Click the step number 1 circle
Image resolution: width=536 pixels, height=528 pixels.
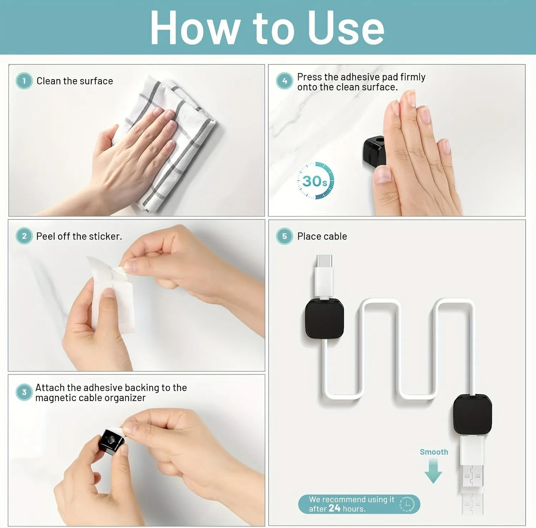[24, 81]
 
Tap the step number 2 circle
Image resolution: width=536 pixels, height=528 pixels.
[24, 236]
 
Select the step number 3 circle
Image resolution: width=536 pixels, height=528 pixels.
[24, 392]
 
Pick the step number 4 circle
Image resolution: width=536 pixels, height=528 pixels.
[285, 81]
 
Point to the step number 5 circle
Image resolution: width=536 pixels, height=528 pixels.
[285, 236]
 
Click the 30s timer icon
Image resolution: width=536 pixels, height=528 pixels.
[315, 181]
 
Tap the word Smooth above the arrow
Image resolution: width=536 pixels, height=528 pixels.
[434, 452]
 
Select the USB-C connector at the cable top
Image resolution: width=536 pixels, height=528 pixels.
[325, 264]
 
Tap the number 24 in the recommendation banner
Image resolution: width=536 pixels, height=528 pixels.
[334, 508]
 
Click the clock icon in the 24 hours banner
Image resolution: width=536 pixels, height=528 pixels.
[407, 504]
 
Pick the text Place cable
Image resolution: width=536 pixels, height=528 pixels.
[322, 236]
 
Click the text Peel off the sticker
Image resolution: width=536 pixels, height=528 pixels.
[79, 236]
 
